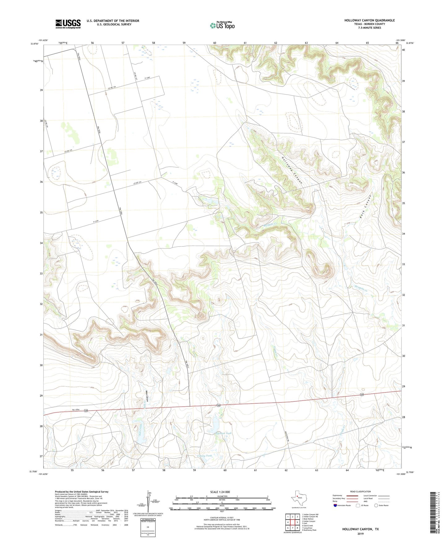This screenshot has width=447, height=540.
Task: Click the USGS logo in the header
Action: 68,24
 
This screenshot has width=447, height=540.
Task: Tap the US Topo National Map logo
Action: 222,25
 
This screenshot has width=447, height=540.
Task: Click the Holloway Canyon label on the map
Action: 291,171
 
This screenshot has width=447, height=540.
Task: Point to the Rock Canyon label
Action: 365,207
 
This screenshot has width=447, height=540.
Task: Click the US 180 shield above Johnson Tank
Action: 218,405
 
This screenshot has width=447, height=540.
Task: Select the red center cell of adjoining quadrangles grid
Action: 292,522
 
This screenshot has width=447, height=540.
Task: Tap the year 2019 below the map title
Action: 360,534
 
